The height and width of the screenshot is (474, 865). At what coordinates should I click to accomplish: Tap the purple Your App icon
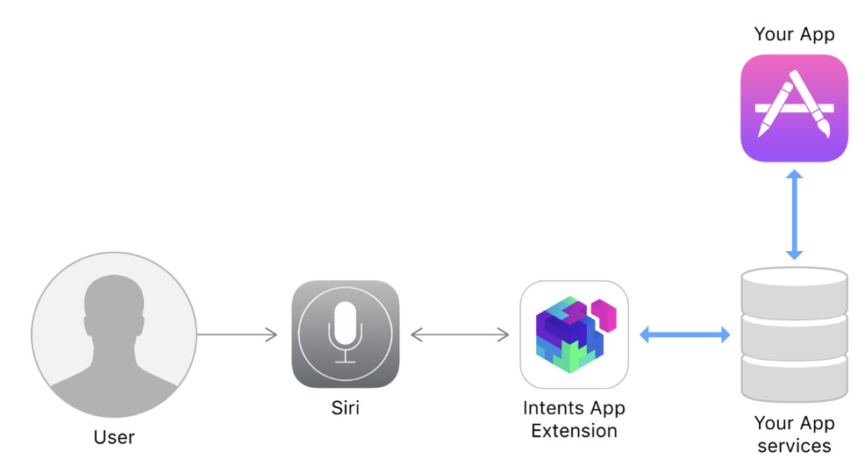794,108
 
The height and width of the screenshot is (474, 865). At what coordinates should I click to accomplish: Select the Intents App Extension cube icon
574,334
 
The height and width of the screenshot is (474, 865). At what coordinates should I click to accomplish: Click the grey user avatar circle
114,334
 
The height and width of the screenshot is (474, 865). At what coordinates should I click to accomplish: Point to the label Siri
346,407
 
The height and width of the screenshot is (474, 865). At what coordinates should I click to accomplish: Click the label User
114,436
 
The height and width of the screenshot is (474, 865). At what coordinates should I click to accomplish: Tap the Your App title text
794,34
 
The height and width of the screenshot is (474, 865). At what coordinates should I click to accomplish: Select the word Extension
574,430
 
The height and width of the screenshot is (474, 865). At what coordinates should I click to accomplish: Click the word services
794,445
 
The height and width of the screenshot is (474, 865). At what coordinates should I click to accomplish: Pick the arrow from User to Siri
237,334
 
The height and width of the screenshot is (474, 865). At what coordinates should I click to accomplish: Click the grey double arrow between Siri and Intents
460,334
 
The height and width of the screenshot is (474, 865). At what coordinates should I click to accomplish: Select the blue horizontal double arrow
684,334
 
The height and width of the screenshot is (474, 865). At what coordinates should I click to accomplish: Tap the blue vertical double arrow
794,214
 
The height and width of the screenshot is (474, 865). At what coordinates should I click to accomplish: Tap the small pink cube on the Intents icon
604,313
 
